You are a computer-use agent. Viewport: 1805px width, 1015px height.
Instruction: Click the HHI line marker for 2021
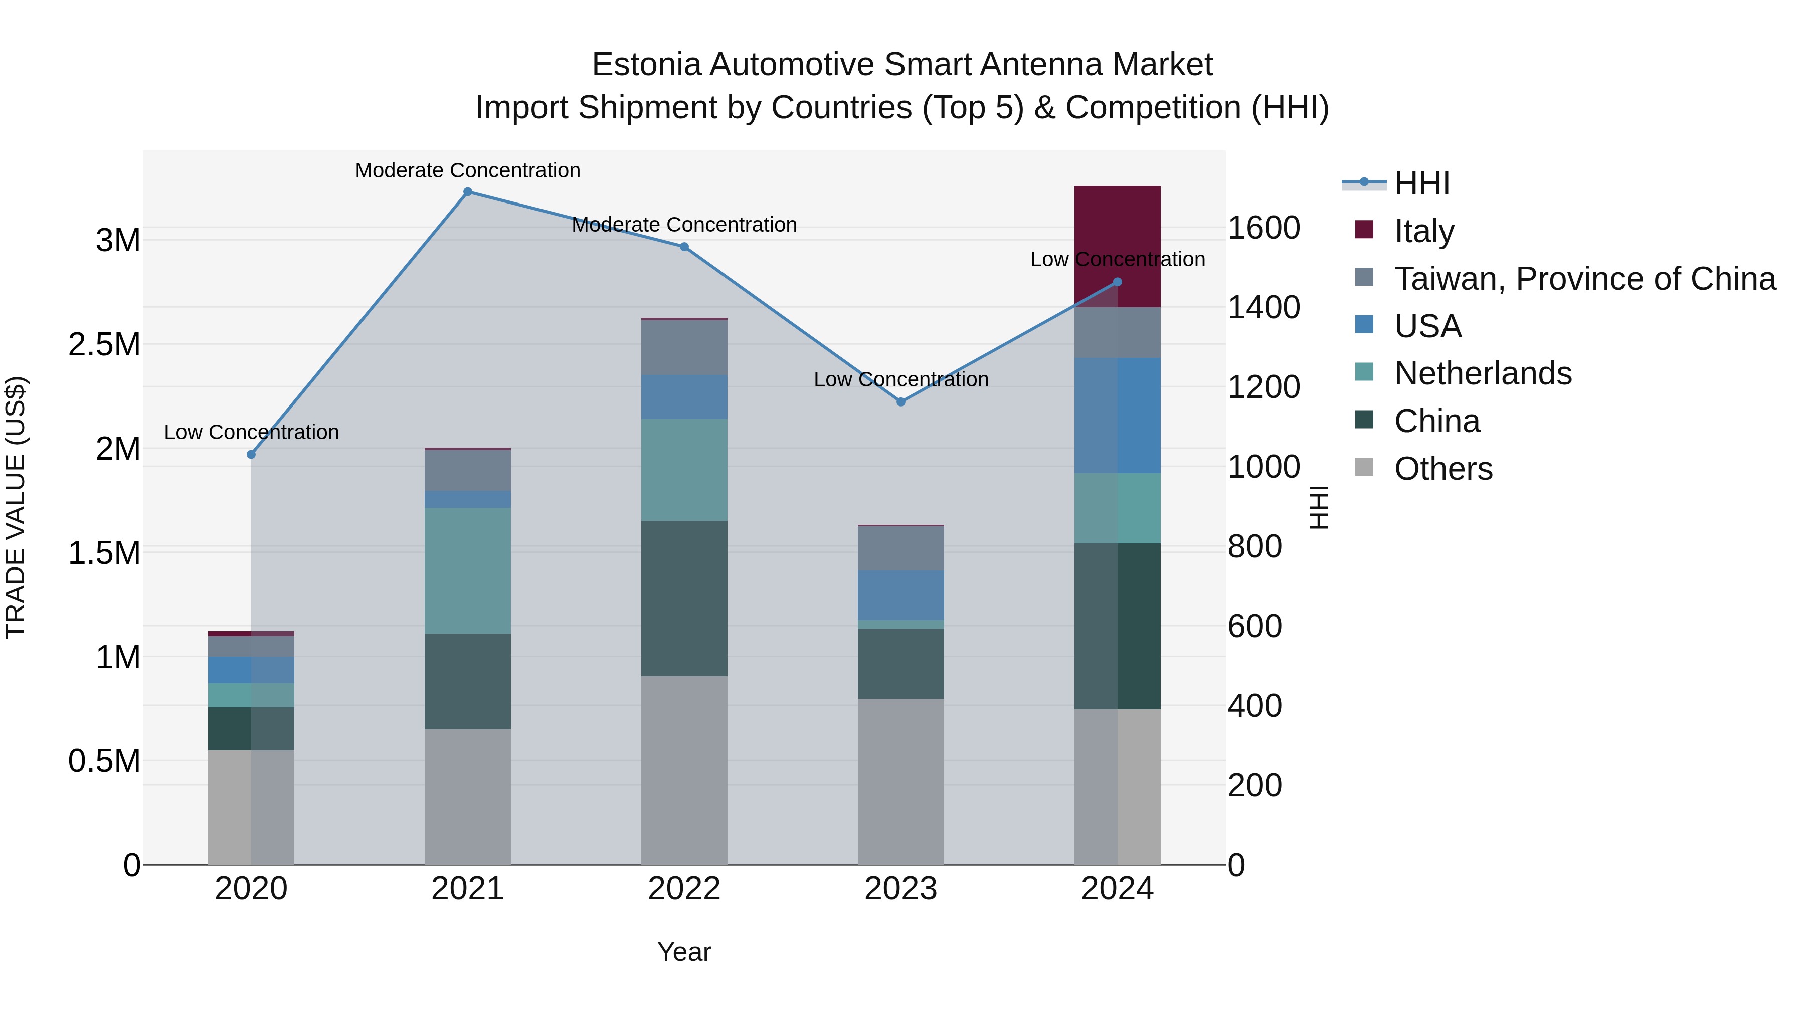467,192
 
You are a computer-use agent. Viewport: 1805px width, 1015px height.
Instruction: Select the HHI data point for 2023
901,402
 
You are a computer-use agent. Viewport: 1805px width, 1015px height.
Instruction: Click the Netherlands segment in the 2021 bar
467,570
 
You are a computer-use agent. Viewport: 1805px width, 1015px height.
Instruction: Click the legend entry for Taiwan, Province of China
1583,279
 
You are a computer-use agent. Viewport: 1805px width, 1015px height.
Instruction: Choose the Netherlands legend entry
1482,373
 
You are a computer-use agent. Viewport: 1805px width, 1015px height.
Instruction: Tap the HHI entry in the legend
1421,183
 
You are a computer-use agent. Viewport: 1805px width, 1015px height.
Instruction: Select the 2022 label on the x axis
684,889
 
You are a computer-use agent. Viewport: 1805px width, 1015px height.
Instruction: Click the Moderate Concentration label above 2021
467,170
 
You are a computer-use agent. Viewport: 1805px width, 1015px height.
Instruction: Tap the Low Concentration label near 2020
251,432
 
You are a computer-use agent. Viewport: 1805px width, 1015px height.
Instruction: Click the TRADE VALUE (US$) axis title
16,507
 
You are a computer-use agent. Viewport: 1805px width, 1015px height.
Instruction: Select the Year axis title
684,952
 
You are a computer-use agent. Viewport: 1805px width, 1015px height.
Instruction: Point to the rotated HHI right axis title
1318,507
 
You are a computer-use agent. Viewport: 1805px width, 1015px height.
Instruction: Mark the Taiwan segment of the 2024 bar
1118,333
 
